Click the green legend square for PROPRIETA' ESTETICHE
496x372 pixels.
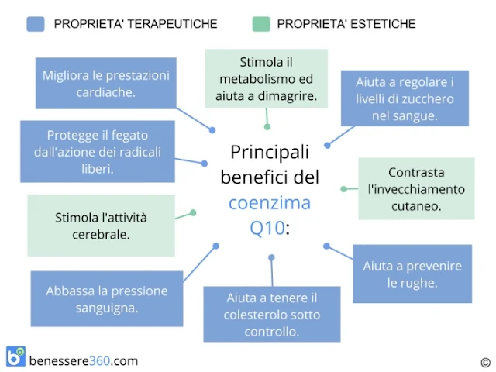pos(262,24)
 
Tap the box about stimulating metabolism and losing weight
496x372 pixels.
pos(266,79)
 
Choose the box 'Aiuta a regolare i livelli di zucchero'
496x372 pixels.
pos(405,98)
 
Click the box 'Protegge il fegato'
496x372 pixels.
pos(97,151)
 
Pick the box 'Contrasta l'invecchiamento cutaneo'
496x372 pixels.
pos(415,189)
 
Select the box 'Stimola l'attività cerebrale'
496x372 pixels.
pos(101,225)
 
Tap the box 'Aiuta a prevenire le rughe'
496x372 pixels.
pos(412,274)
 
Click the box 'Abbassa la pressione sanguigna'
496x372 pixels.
pos(106,299)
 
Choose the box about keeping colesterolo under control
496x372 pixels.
pos(271,314)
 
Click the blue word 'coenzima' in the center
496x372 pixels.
pos(269,204)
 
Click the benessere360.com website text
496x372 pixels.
pos(83,360)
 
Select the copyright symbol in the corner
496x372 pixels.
pos(485,361)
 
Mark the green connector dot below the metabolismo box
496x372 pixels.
pos(267,126)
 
